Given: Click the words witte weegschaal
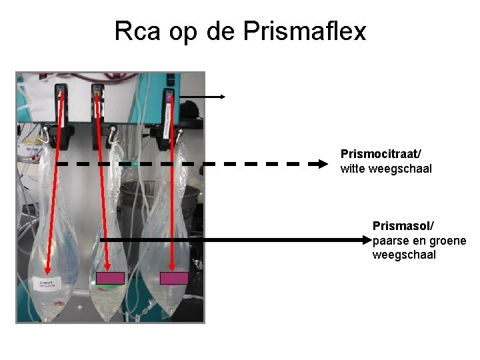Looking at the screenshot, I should pos(386,169).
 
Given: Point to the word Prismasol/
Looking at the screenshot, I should pos(399,227).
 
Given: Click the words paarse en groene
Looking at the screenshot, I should pos(419,241).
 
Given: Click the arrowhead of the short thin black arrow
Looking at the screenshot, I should pos(223,97).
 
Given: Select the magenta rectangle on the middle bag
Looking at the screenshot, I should pos(111,279).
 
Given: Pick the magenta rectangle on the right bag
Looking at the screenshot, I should pos(174,279).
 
